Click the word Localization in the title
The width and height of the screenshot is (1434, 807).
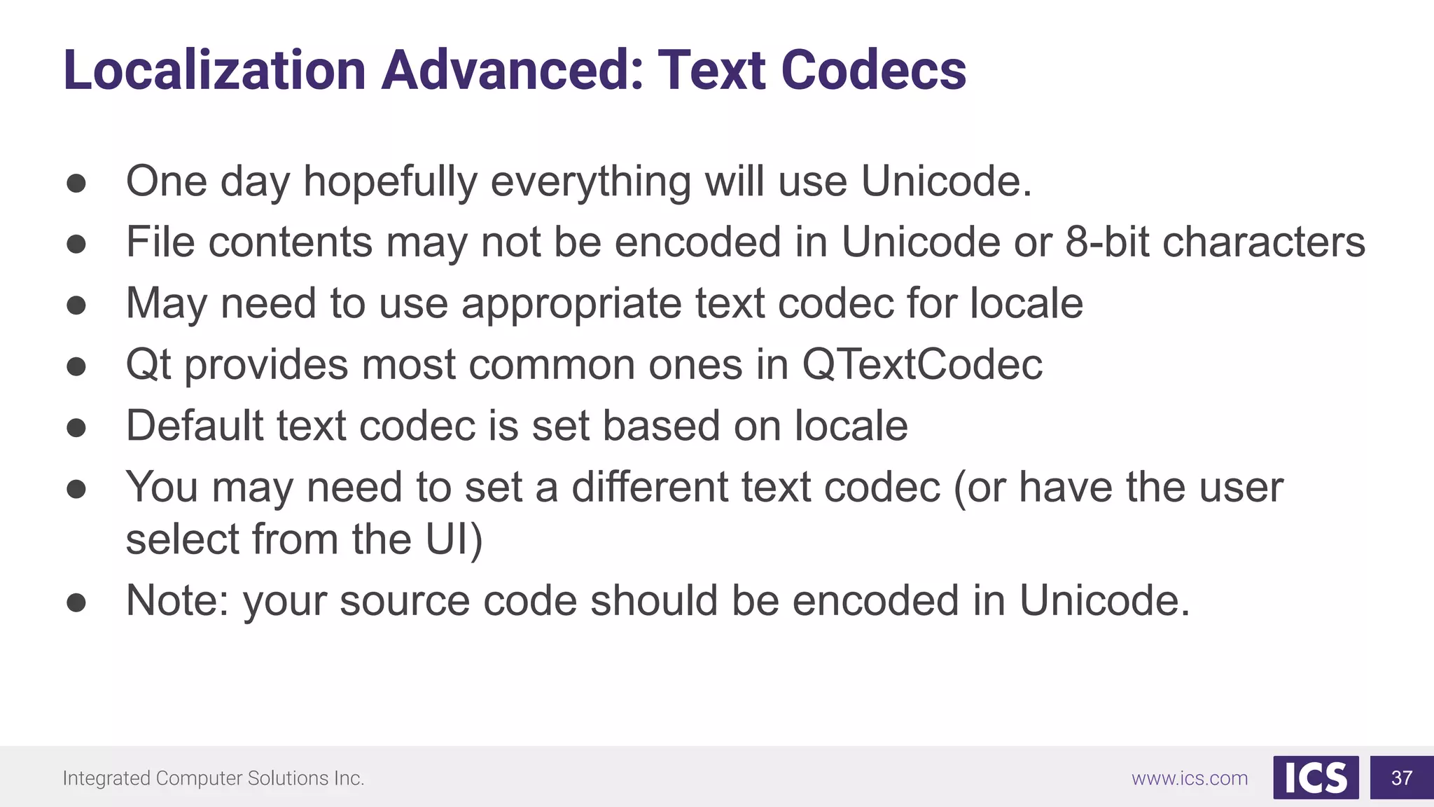point(214,70)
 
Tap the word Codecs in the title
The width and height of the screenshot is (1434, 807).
point(873,70)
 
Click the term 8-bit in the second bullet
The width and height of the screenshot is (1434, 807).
point(1107,242)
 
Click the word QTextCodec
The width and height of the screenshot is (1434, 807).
point(921,364)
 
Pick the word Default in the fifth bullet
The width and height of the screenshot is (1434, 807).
point(195,425)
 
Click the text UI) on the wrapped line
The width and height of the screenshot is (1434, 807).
point(454,539)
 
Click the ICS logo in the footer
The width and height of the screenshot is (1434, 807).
point(1316,778)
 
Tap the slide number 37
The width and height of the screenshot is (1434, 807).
point(1402,778)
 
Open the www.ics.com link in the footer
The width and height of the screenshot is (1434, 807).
point(1190,778)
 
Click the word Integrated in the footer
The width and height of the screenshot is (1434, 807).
point(106,778)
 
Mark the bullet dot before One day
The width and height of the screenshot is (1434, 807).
point(76,184)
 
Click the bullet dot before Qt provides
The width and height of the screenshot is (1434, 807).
point(76,366)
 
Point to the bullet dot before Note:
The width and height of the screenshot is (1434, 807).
point(76,602)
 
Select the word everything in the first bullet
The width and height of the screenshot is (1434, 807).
point(590,182)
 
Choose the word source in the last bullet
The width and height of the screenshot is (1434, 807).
point(405,601)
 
